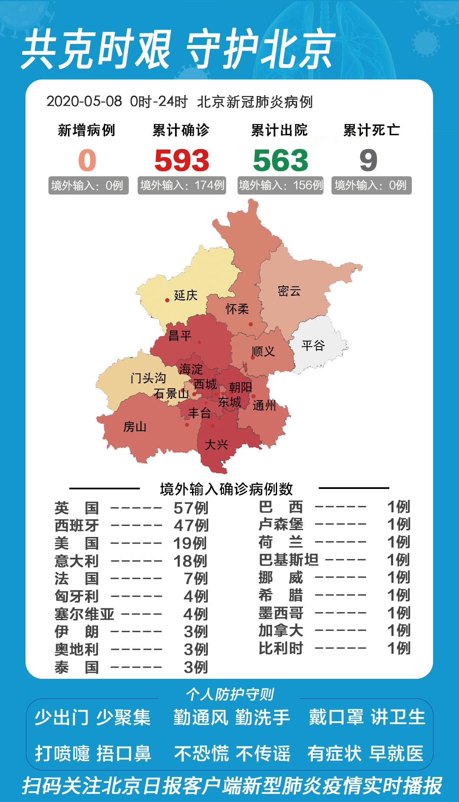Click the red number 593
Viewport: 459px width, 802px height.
pyautogui.click(x=181, y=161)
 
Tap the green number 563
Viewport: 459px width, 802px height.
pyautogui.click(x=280, y=161)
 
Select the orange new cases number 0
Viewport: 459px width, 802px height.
pyautogui.click(x=87, y=161)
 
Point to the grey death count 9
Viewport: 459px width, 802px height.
pyautogui.click(x=368, y=161)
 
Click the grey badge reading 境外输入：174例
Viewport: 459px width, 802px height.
pyautogui.click(x=182, y=185)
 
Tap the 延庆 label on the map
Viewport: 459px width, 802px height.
pyautogui.click(x=186, y=295)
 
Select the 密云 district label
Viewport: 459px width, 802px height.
pyautogui.click(x=289, y=291)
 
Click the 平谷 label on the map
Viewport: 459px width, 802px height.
pyautogui.click(x=313, y=345)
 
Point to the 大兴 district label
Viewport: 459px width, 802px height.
pyautogui.click(x=216, y=445)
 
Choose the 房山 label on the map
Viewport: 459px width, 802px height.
pyautogui.click(x=135, y=426)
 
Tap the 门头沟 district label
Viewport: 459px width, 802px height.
pyautogui.click(x=148, y=378)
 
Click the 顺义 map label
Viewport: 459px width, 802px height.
pyautogui.click(x=263, y=351)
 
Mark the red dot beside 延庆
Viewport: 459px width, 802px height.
pyautogui.click(x=167, y=300)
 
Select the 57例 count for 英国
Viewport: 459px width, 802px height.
pyautogui.click(x=191, y=508)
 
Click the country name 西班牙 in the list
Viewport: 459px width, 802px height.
pyautogui.click(x=76, y=525)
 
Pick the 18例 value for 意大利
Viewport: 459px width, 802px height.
pyautogui.click(x=190, y=561)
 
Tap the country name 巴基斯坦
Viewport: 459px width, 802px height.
pyautogui.click(x=289, y=560)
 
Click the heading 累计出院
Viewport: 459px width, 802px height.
pyautogui.click(x=279, y=130)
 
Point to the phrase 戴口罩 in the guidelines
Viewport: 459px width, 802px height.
pyautogui.click(x=336, y=717)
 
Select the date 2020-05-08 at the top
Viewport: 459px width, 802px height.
pyautogui.click(x=84, y=102)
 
